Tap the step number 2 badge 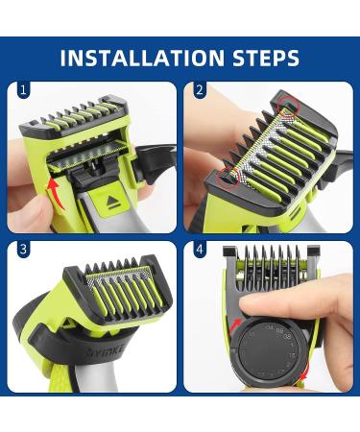199,91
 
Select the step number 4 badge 199,250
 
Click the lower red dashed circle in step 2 227,177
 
